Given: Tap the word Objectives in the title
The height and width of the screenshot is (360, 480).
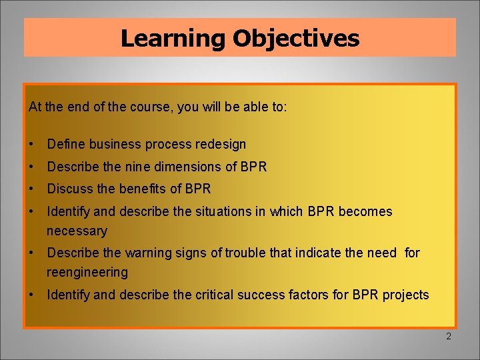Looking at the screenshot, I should [296, 38].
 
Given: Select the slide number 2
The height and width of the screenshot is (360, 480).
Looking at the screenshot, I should [448, 337].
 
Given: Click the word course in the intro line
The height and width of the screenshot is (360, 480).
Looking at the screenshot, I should [151, 107].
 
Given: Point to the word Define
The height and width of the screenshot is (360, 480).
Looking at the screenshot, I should [65, 144].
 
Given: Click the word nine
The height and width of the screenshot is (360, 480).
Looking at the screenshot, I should [137, 167].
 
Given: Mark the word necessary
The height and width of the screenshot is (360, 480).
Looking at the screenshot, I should [77, 231].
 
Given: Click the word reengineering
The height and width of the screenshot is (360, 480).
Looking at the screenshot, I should [87, 272].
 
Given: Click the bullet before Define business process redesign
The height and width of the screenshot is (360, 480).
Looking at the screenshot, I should [32, 145].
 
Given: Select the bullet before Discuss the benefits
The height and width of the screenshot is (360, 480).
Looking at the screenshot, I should [32, 189].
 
